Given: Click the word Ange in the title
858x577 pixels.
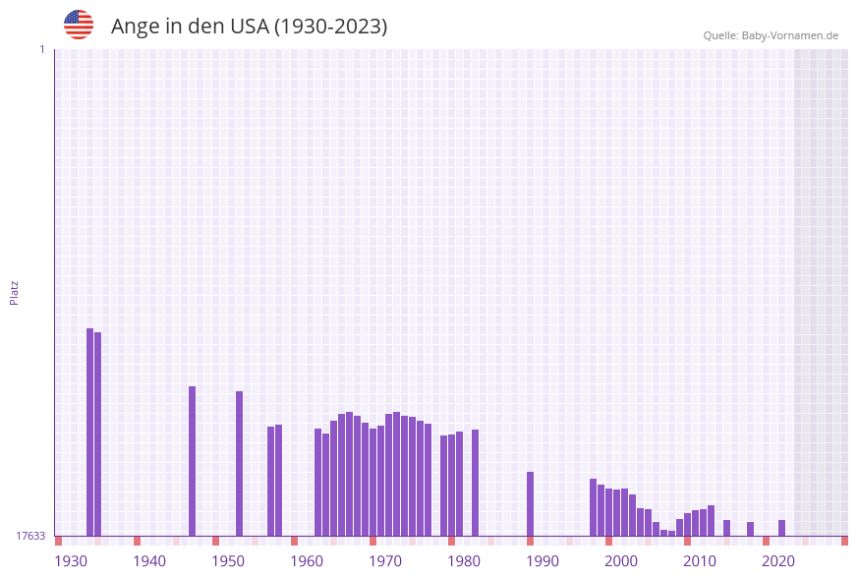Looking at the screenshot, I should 133,27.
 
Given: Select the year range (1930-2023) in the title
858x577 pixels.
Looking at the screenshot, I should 329,27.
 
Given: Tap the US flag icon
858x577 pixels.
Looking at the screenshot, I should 79,25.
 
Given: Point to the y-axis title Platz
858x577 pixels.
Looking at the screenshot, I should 15,292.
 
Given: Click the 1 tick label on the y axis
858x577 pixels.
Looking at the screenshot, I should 41,49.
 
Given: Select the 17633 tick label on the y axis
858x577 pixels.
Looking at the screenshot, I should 30,536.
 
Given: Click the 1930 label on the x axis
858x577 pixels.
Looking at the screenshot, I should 71,561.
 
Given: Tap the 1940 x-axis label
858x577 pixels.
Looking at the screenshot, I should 149,561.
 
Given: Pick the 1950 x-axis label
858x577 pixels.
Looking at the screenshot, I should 228,561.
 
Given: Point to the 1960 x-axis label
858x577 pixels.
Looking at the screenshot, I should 307,561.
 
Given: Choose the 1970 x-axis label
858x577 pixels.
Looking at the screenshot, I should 385,561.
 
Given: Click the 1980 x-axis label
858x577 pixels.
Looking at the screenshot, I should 464,561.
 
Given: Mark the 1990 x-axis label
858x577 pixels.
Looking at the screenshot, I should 543,561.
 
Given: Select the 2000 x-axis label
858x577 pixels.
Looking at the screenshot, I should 621,561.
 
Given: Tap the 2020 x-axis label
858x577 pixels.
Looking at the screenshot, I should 778,561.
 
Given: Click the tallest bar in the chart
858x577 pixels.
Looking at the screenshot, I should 89,432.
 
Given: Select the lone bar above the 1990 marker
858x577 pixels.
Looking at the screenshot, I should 530,503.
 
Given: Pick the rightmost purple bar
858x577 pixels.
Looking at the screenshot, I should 781,528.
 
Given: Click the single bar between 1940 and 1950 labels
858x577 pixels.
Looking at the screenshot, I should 192,460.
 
